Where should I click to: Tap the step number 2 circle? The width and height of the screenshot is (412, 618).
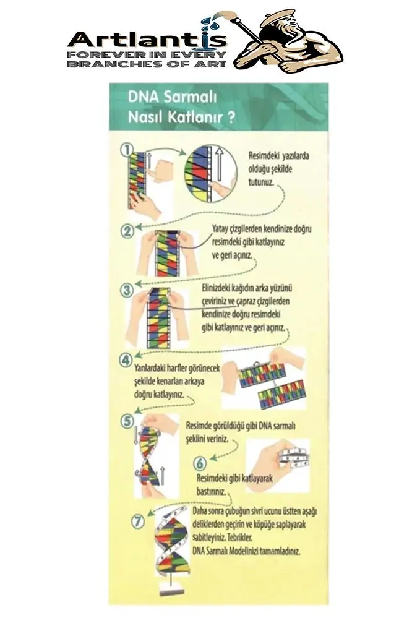point(127,231)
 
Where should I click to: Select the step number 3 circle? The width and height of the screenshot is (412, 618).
point(126,289)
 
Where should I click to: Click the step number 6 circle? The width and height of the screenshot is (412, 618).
point(199,462)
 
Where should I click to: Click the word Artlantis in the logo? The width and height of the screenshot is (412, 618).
point(147,41)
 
